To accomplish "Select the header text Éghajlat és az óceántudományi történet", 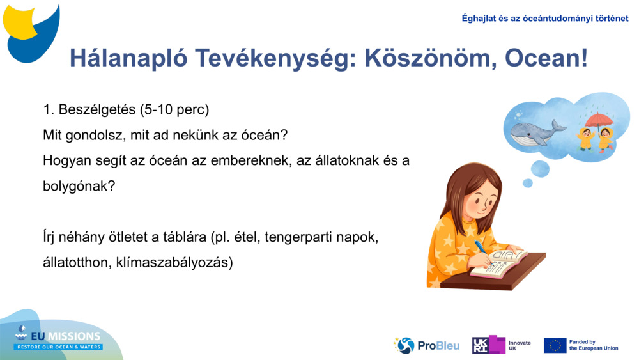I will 544,18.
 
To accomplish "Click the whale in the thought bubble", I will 535,131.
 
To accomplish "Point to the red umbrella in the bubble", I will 599,120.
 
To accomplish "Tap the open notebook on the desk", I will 500,263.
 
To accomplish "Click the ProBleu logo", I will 427,346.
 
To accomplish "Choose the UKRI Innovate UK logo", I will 501,345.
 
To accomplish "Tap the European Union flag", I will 555,345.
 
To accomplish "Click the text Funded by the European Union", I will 594,345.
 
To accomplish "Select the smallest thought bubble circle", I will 527,184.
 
